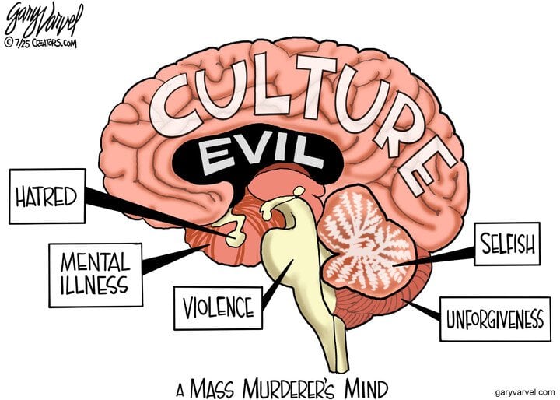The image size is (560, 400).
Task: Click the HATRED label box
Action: pyautogui.click(x=47, y=196)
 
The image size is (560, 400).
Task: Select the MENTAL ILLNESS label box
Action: pyautogui.click(x=96, y=275)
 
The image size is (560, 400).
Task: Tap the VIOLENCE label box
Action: pyautogui.click(x=219, y=307)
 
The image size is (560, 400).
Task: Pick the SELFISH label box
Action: pyautogui.click(x=507, y=244)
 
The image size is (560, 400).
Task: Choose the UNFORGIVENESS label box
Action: pyautogui.click(x=495, y=319)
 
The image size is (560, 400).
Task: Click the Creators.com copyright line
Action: pyautogui.click(x=40, y=44)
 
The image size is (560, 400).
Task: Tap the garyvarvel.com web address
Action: pyautogui.click(x=525, y=392)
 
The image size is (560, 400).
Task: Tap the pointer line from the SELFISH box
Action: pyautogui.click(x=433, y=258)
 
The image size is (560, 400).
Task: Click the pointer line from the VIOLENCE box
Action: pyautogui.click(x=278, y=285)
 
